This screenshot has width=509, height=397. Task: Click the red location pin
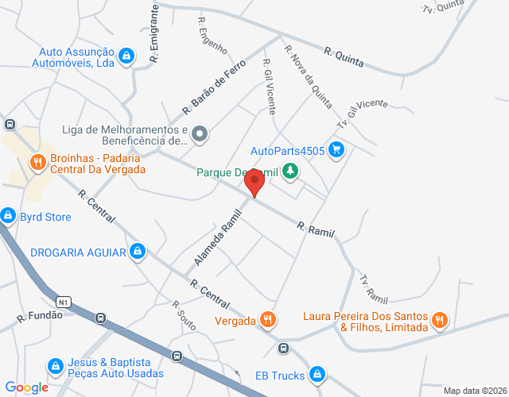click(254, 183)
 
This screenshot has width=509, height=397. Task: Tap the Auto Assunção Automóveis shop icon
click(126, 56)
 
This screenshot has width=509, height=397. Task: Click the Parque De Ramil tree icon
click(291, 171)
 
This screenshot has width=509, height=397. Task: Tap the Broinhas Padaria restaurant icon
click(37, 164)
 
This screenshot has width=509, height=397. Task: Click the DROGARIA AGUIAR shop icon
click(138, 252)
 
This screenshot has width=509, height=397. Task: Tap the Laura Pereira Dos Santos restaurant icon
click(439, 321)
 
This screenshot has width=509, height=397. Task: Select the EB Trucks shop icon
click(317, 373)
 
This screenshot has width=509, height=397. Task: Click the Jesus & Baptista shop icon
click(55, 366)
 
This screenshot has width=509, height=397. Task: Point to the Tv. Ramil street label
click(373, 289)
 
